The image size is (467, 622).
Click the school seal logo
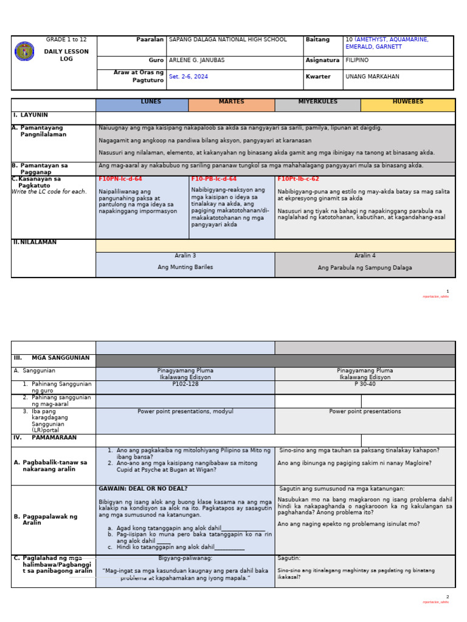tap(24, 51)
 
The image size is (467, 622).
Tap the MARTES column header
tap(231, 102)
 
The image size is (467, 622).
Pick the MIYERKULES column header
tap(317, 102)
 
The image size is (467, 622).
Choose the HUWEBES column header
tap(407, 102)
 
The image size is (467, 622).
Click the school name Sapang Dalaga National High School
tap(227, 40)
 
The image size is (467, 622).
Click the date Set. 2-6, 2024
tap(189, 77)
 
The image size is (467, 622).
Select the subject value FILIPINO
tap(357, 61)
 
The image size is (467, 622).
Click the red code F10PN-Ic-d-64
tap(120, 179)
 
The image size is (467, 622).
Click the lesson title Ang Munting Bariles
tap(185, 267)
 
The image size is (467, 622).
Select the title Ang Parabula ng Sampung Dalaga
tap(364, 268)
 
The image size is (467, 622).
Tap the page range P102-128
tap(185, 384)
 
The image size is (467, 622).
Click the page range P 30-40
tap(365, 384)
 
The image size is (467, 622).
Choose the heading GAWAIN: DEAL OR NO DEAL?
tap(143, 489)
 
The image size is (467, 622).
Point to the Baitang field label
tap(317, 40)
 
